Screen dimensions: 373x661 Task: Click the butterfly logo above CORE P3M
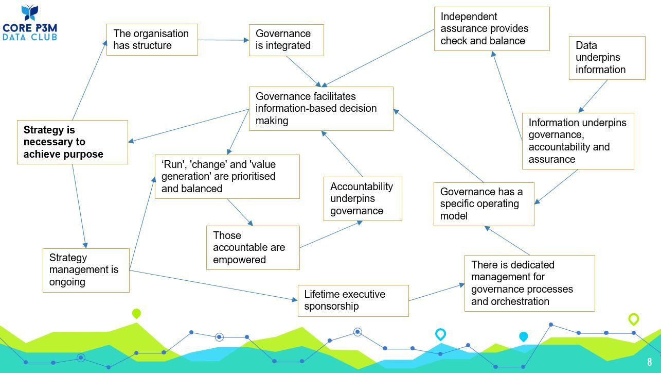click(x=30, y=13)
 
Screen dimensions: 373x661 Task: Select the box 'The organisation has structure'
click(x=152, y=40)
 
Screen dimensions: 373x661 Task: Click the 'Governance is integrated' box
click(x=286, y=40)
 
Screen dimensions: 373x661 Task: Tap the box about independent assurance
click(x=491, y=29)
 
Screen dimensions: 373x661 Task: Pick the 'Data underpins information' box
click(x=606, y=58)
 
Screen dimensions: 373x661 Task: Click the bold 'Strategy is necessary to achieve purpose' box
click(x=72, y=142)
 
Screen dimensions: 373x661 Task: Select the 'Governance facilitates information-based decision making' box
click(x=321, y=109)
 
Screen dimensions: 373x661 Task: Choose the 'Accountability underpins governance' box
click(x=362, y=199)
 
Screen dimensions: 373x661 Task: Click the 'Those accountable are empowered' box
click(x=253, y=248)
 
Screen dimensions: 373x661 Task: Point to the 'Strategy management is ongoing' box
click(x=86, y=270)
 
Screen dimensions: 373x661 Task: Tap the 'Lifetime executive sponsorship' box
click(x=353, y=300)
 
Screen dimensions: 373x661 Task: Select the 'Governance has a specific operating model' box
click(x=484, y=204)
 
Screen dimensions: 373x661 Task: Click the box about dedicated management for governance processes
click(x=529, y=283)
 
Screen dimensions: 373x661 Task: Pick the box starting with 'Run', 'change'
click(x=227, y=177)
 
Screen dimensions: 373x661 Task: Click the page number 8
click(x=650, y=362)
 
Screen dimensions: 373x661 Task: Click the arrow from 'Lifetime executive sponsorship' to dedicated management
click(x=436, y=292)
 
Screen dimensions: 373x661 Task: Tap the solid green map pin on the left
click(x=136, y=313)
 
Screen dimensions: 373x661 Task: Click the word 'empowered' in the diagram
click(x=239, y=260)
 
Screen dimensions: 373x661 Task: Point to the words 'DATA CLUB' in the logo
click(x=30, y=37)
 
